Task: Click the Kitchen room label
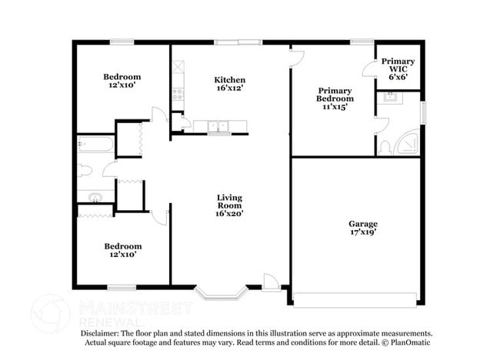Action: pos(229,80)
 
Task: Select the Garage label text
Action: pos(363,224)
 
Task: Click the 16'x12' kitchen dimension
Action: pos(229,89)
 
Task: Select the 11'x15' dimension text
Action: pos(335,108)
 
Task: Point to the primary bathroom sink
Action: pos(389,97)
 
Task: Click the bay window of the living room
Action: pos(221,292)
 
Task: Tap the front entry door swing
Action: pos(270,281)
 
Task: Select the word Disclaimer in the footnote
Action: pos(99,333)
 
